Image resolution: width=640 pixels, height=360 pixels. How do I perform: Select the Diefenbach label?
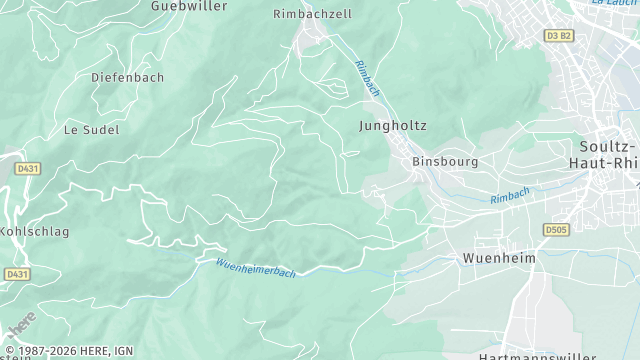(127, 77)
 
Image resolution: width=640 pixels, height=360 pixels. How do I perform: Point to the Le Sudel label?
(91, 130)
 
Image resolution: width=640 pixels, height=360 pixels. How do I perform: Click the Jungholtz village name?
(393, 127)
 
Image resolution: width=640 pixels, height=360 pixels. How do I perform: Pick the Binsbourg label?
(445, 161)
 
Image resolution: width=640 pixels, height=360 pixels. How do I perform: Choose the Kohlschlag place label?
(32, 231)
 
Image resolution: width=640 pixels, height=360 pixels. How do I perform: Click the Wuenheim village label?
(499, 258)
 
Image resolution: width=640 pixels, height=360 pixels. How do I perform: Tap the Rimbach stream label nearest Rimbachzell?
(367, 78)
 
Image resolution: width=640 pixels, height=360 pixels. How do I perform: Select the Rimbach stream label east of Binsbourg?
(509, 197)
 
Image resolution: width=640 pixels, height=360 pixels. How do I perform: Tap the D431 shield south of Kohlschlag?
(16, 273)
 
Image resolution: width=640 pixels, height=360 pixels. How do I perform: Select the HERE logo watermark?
(20, 327)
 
